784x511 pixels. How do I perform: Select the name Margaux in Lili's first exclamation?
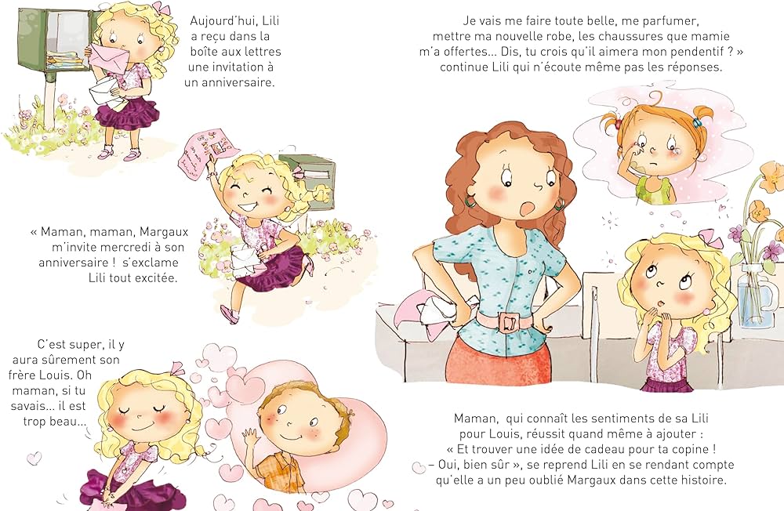pyautogui.click(x=164, y=233)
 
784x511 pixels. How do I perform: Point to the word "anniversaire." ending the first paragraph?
pyautogui.click(x=230, y=82)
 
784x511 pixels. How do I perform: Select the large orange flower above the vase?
pyautogui.click(x=771, y=177)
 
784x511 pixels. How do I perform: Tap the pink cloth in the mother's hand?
pyautogui.click(x=429, y=311)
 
